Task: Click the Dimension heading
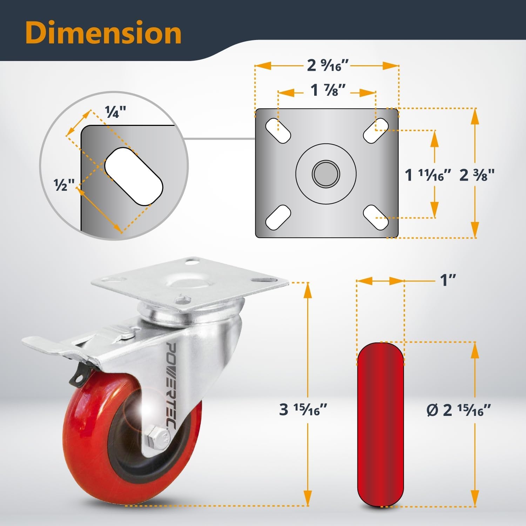pos(103,33)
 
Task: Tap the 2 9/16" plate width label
pos(328,65)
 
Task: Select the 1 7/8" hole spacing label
pos(328,90)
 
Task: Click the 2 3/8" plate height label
pos(477,175)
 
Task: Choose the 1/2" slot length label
pos(64,184)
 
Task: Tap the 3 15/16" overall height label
pos(303,409)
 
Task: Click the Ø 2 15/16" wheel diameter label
pos(458,410)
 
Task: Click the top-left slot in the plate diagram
pos(278,131)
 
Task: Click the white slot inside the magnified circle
pos(134,176)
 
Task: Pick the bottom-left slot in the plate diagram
pos(278,217)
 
